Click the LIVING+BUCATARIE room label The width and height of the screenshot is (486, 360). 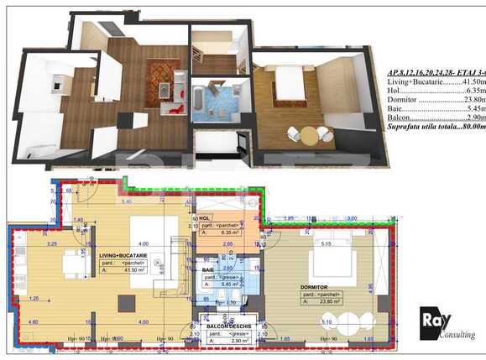[123, 254]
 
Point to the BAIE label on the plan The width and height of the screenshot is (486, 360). [219, 269]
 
